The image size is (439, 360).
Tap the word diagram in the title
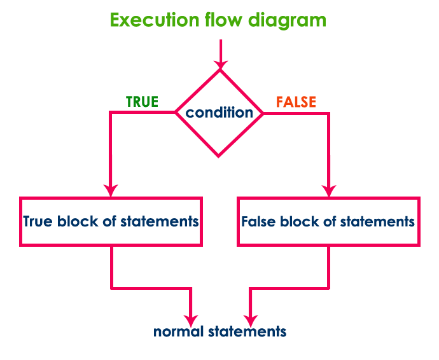(290, 20)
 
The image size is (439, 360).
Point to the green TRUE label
(142, 102)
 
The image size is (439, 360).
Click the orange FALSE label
(296, 102)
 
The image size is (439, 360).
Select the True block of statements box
(111, 221)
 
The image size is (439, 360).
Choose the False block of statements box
(328, 221)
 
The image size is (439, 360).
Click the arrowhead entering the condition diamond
(220, 64)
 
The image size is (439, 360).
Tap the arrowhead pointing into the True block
(111, 190)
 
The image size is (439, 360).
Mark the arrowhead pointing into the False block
(328, 190)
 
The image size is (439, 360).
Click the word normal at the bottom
(175, 332)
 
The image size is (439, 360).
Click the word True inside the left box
(38, 222)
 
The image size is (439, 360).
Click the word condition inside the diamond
(219, 113)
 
